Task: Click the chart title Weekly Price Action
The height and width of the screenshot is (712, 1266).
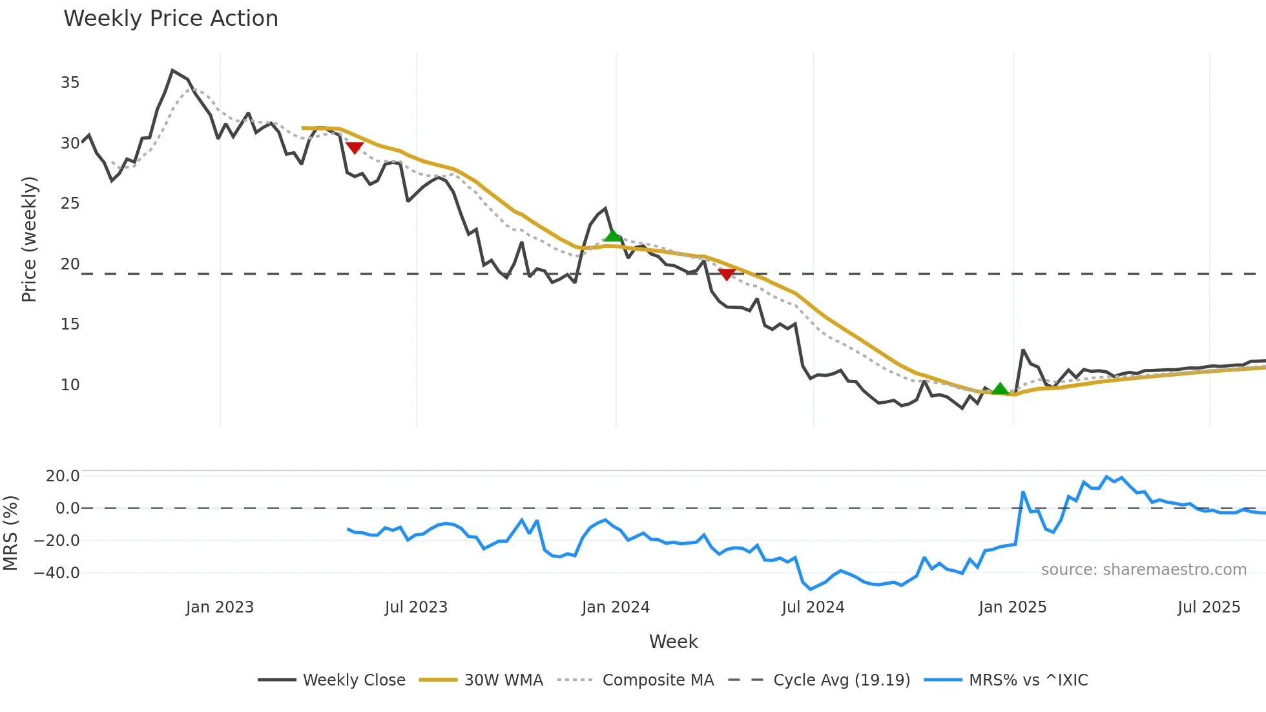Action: pyautogui.click(x=171, y=19)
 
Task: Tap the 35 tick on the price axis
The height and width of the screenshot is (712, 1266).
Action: pyautogui.click(x=70, y=83)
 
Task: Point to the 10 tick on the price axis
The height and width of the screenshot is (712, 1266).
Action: pyautogui.click(x=70, y=385)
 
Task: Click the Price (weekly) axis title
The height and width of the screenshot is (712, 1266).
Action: pyautogui.click(x=29, y=239)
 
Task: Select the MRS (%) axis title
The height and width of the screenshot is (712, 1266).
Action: pyautogui.click(x=10, y=533)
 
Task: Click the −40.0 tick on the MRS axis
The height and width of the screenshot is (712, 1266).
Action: pyautogui.click(x=57, y=573)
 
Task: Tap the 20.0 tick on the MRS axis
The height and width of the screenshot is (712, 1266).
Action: pyautogui.click(x=63, y=476)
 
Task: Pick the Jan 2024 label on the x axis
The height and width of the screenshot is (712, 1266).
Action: pyautogui.click(x=615, y=607)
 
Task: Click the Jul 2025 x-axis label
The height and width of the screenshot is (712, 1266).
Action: pyautogui.click(x=1209, y=607)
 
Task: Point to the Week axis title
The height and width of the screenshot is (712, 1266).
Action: pyautogui.click(x=673, y=642)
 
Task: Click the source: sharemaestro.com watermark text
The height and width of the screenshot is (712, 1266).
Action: pyautogui.click(x=1143, y=570)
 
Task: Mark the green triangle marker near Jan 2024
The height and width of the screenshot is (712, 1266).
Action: pyautogui.click(x=612, y=235)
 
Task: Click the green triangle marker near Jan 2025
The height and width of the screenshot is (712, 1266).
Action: pyautogui.click(x=1000, y=388)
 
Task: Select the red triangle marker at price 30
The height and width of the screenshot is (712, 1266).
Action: pyautogui.click(x=355, y=147)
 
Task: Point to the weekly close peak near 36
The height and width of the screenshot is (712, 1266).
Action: pyautogui.click(x=172, y=70)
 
